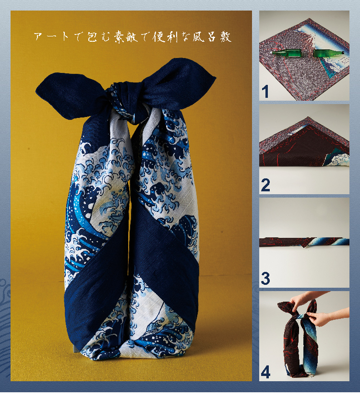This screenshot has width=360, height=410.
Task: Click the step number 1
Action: point(265,92)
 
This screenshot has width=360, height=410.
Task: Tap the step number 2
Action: point(265,185)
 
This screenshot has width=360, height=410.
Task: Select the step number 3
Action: point(265,279)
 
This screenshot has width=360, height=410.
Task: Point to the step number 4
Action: point(265,372)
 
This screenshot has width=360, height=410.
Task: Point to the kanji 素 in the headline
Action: point(119,37)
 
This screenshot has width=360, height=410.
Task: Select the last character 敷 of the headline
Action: point(226,37)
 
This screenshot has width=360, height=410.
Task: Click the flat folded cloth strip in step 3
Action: point(304,242)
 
